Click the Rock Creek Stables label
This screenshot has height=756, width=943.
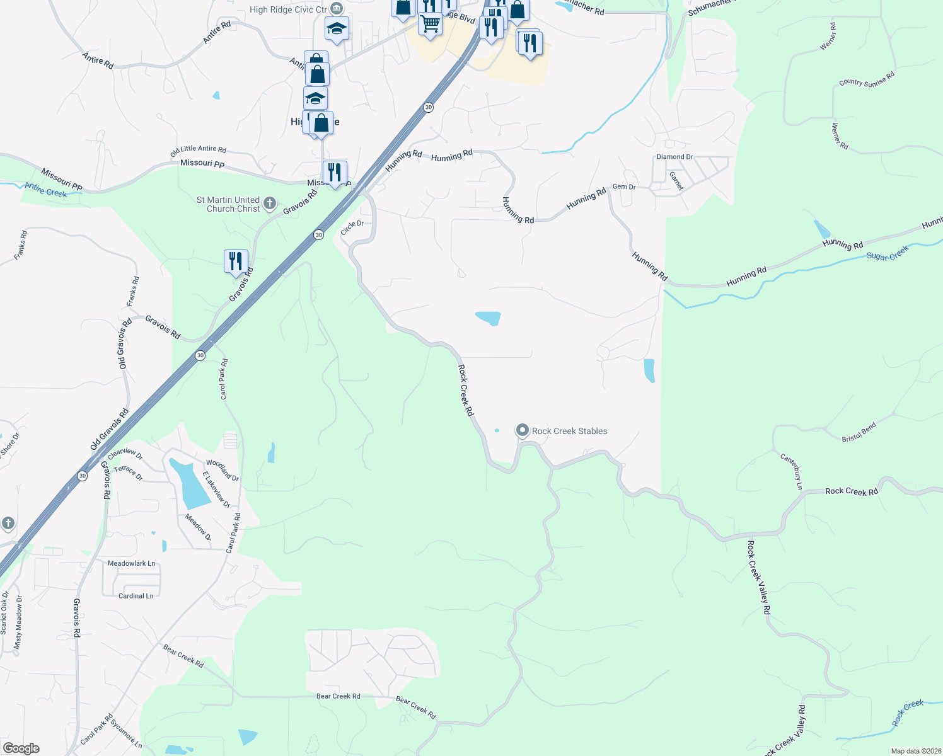569,431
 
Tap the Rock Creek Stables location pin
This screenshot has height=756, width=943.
522,430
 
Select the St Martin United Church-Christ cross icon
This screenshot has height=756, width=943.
270,203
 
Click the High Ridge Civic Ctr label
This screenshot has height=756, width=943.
288,9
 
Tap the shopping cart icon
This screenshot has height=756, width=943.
430,25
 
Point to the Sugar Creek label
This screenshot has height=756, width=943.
888,253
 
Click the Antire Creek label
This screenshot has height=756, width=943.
46,190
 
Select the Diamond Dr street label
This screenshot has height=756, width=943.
674,157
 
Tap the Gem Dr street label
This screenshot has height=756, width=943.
624,187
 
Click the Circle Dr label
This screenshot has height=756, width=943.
352,227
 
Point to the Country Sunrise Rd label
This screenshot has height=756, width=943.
867,79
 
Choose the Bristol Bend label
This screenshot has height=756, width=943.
859,432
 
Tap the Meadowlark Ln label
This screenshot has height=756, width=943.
131,563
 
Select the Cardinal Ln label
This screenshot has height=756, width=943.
136,595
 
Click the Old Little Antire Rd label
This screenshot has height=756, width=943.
198,150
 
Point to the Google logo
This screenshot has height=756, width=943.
21,748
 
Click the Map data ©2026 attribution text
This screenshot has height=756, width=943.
915,751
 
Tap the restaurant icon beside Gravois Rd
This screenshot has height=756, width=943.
236,261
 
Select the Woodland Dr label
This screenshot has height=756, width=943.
223,470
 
